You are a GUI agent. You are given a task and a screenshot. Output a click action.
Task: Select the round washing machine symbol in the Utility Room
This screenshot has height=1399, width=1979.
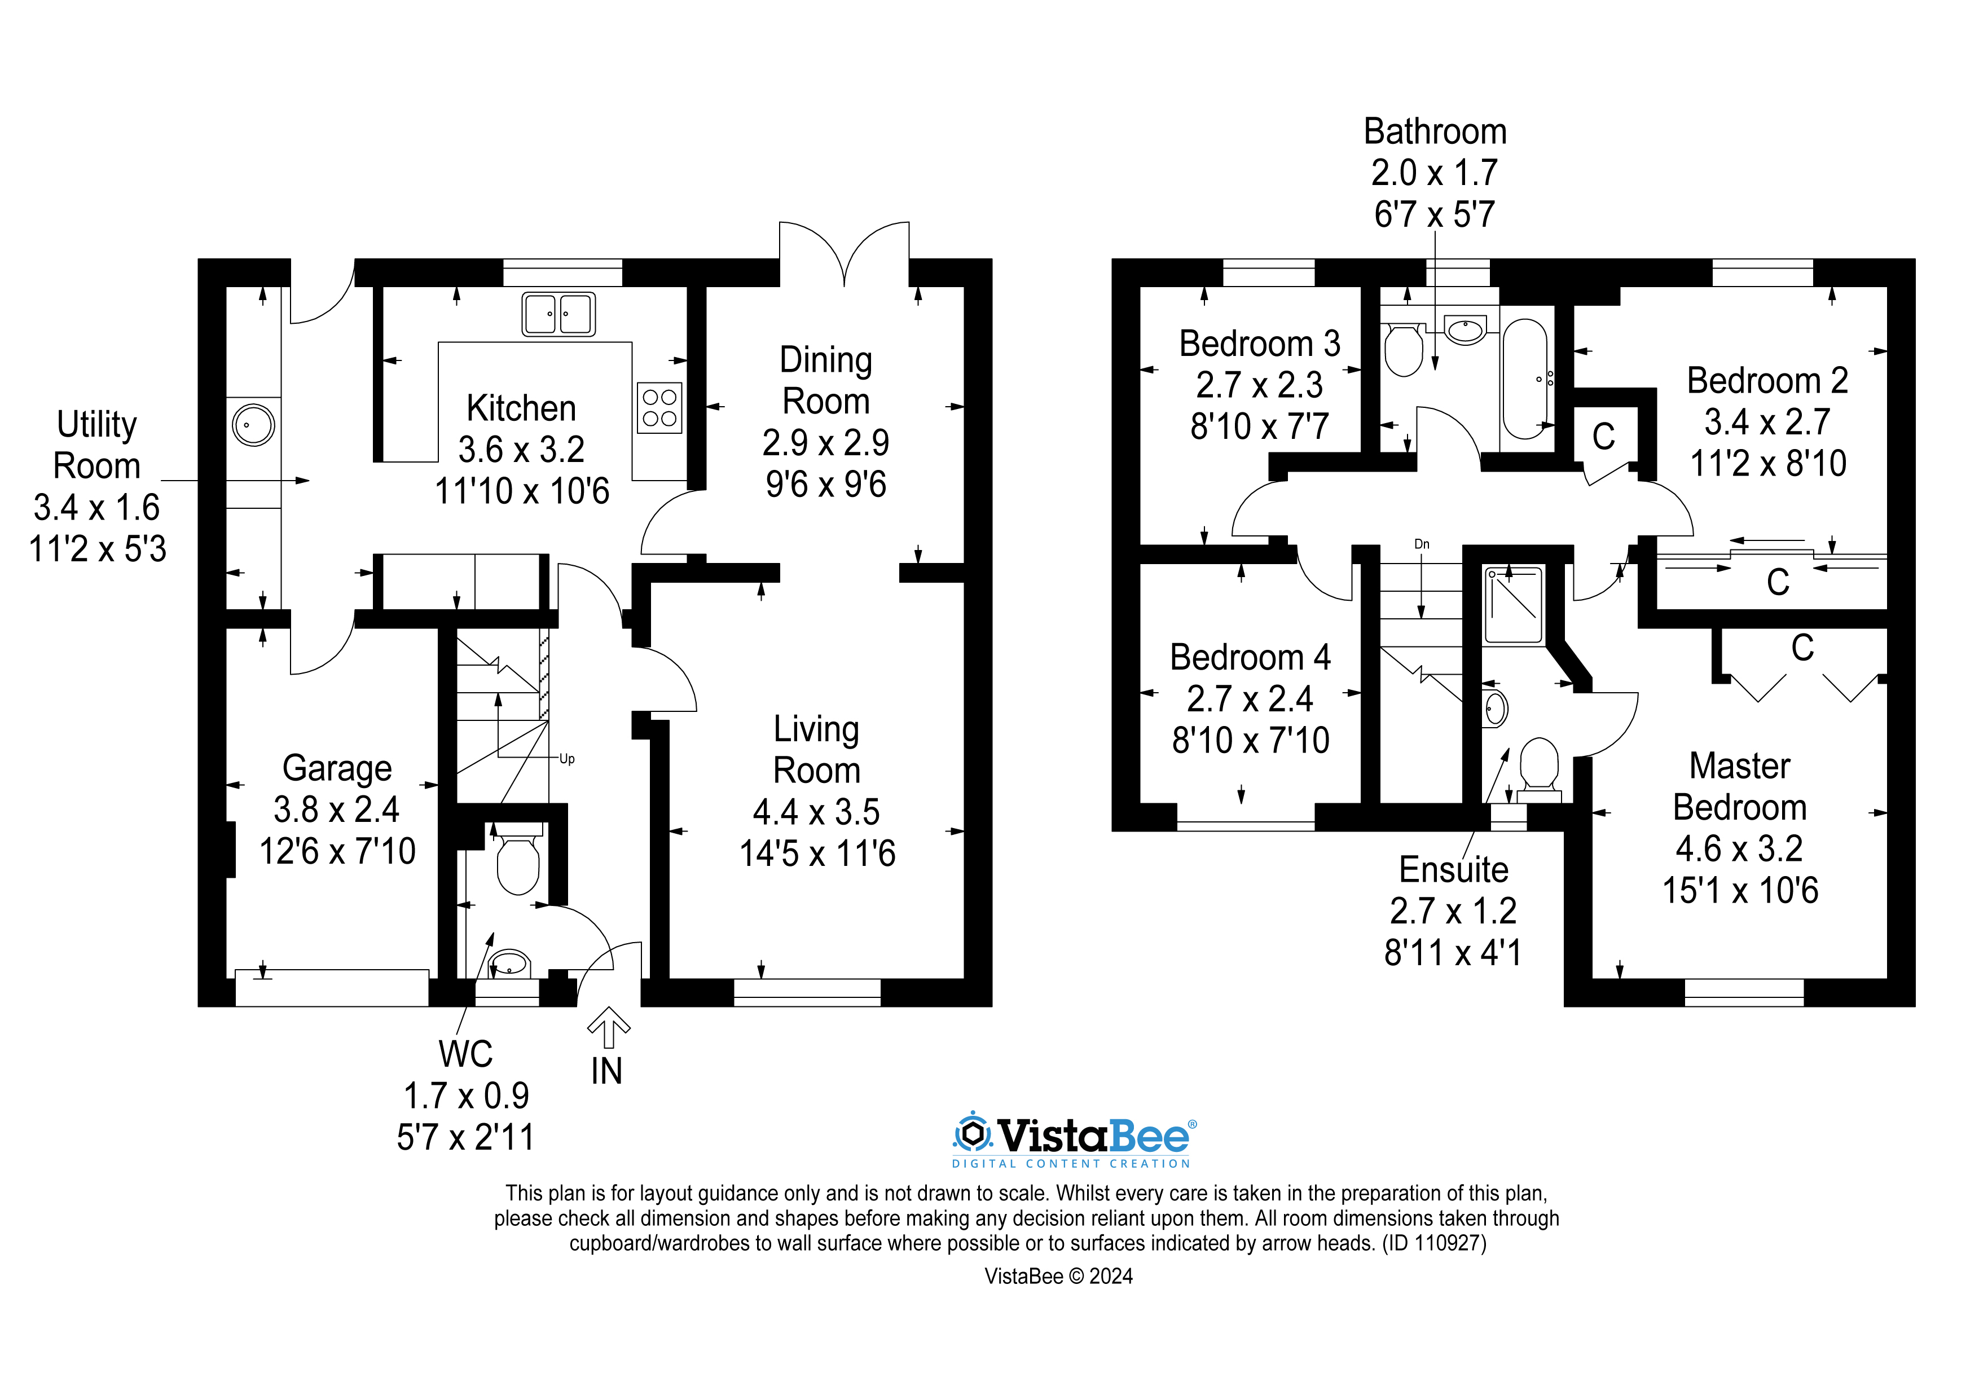(x=253, y=425)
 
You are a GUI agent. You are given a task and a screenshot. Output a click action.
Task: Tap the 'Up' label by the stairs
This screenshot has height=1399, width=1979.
(x=566, y=759)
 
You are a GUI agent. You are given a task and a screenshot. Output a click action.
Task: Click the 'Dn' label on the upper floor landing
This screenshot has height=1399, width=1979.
(x=1421, y=544)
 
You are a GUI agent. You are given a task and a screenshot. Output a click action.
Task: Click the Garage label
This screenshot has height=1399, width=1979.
(x=337, y=768)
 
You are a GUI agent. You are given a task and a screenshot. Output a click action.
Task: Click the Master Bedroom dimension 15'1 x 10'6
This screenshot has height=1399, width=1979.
(x=1739, y=890)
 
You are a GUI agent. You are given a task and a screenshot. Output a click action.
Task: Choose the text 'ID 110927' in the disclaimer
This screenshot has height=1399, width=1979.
(x=1433, y=1243)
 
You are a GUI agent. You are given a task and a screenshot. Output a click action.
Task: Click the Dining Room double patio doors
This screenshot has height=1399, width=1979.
(x=844, y=254)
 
